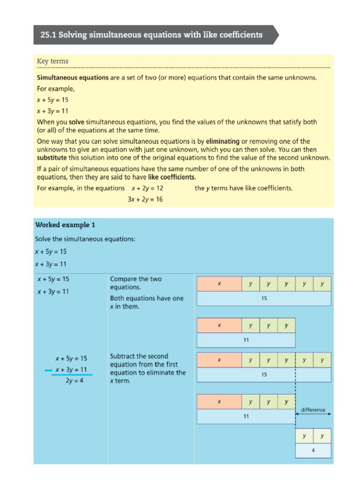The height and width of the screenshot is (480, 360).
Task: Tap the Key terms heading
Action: [52, 61]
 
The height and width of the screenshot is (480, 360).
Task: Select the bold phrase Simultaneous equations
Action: [73, 77]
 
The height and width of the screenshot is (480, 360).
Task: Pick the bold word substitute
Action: [54, 157]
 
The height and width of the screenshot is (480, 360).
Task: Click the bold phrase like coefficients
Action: [172, 177]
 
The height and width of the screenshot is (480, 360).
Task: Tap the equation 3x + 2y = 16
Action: [145, 199]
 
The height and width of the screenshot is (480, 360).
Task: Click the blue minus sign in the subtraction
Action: [47, 370]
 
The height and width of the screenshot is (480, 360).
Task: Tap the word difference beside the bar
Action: [313, 410]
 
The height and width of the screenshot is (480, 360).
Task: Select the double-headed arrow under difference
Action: [313, 414]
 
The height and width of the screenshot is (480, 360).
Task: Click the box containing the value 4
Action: [313, 450]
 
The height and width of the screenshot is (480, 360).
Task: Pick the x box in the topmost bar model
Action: [219, 284]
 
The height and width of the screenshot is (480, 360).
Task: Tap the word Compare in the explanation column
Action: [123, 279]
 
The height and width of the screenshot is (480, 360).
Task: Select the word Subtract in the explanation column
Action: [124, 356]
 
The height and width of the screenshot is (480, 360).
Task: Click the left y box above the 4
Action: [304, 436]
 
